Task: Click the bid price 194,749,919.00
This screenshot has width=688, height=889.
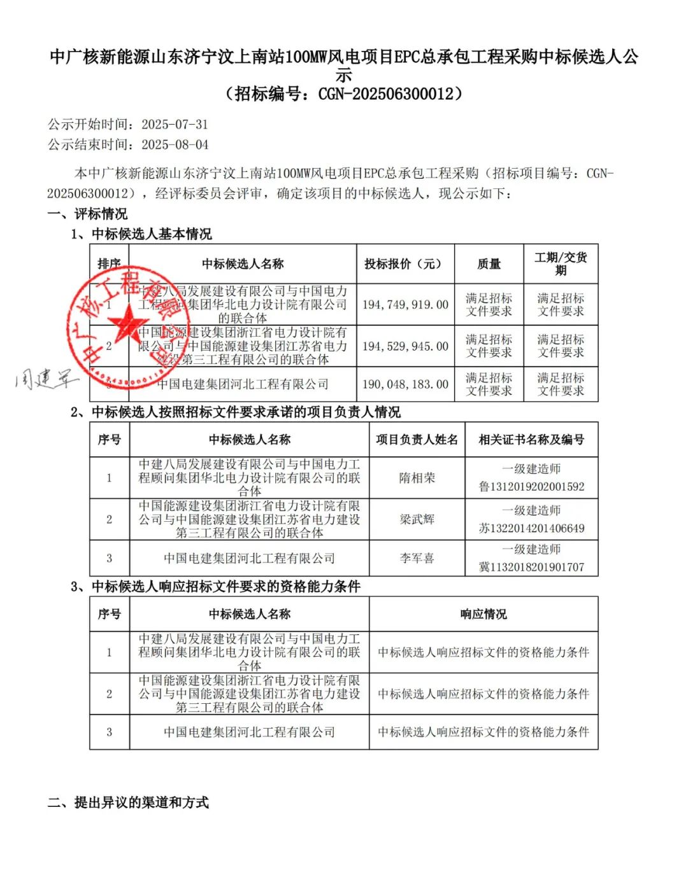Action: click(x=405, y=305)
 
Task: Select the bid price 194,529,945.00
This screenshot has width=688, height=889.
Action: click(x=405, y=346)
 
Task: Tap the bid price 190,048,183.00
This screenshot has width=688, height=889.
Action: click(x=405, y=384)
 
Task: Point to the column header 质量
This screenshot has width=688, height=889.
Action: click(x=489, y=264)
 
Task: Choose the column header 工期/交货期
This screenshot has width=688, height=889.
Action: click(x=561, y=264)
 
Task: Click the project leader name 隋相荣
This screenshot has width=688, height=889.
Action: click(x=417, y=478)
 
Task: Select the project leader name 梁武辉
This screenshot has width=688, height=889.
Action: click(x=417, y=519)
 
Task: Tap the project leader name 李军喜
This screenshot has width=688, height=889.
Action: click(x=417, y=558)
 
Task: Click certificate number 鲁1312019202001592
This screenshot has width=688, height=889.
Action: click(x=531, y=487)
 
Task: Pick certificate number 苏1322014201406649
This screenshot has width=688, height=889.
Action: click(x=531, y=528)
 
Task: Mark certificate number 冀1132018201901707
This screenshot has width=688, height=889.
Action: click(x=531, y=567)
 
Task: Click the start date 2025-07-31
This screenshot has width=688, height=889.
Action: click(x=175, y=125)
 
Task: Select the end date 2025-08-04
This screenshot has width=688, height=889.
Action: click(x=175, y=145)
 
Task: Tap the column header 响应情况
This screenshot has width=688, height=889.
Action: click(x=484, y=614)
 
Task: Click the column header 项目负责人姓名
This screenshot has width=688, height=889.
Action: click(x=417, y=440)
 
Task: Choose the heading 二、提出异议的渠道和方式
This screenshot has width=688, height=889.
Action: click(x=128, y=802)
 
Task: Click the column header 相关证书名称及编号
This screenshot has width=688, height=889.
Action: click(x=531, y=440)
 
